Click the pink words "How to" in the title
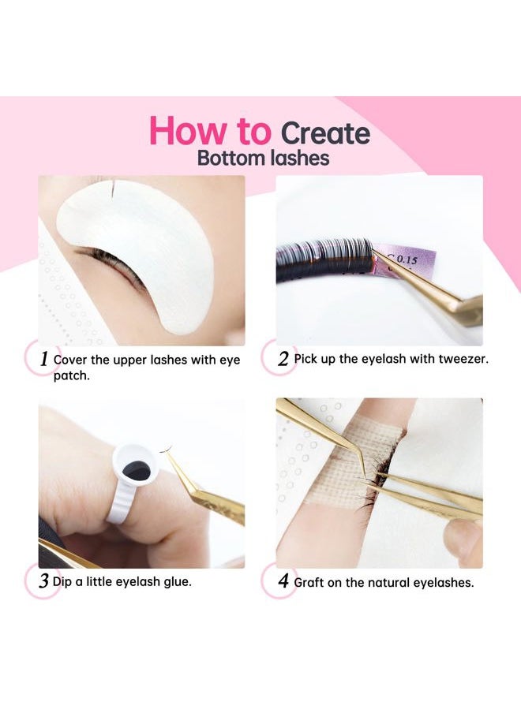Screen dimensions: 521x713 coord(210,130)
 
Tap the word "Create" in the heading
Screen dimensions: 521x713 coord(325,133)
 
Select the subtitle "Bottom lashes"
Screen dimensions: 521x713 coord(263,159)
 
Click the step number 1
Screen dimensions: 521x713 coord(44,359)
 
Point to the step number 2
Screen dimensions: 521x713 coord(283,359)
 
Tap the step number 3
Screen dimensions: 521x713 coord(43,580)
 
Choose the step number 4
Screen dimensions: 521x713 coord(283,580)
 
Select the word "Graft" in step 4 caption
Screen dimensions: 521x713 coord(309,583)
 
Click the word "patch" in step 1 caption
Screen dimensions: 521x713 coord(71,376)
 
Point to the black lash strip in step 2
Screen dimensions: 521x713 coord(324,260)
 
